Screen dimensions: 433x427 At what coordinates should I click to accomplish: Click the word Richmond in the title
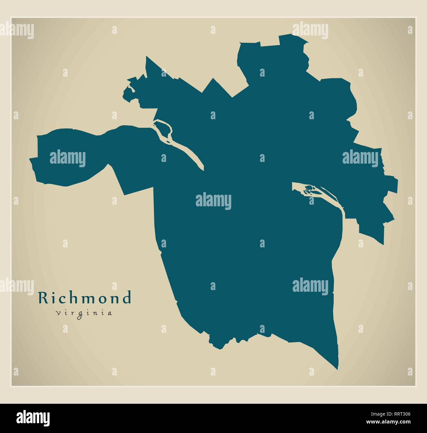(85, 298)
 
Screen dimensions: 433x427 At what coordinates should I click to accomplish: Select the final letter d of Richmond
(126, 298)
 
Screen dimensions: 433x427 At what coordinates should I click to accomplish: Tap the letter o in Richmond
(104, 299)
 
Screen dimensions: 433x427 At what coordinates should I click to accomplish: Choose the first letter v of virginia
(58, 313)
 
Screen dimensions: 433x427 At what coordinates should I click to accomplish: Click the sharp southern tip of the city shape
(338, 368)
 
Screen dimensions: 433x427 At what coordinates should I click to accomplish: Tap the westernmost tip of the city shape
(31, 160)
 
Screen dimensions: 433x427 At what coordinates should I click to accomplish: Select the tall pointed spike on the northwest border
(146, 58)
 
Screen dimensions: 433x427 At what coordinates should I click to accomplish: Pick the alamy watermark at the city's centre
(213, 201)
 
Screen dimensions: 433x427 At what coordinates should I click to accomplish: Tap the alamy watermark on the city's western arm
(68, 159)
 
